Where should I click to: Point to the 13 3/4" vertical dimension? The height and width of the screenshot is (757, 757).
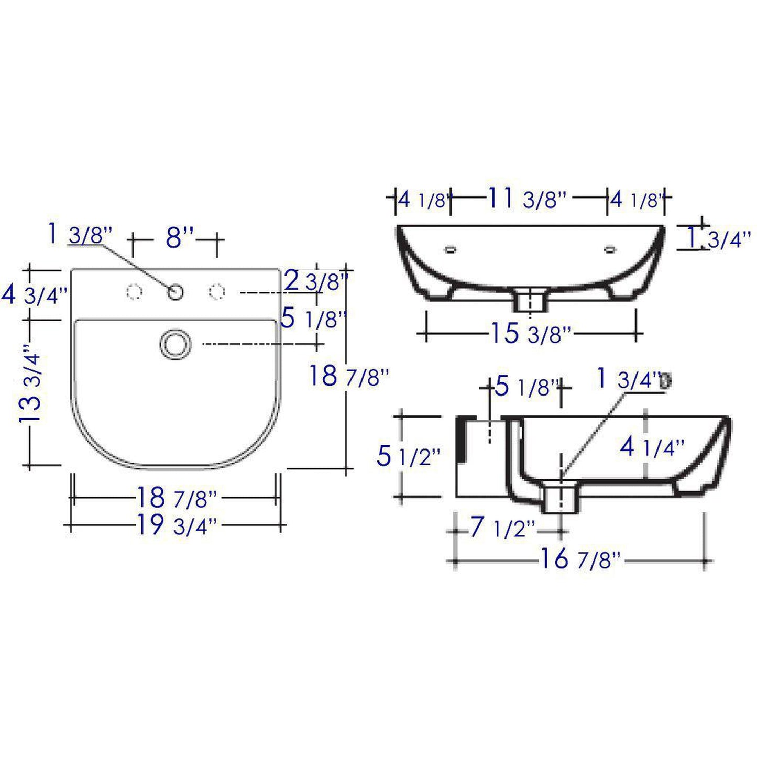(x=32, y=387)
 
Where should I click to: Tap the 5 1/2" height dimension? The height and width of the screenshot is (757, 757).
(x=408, y=456)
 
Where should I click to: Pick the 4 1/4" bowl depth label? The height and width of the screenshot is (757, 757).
(x=652, y=447)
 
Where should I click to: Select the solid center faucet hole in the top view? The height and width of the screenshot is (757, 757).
(x=175, y=291)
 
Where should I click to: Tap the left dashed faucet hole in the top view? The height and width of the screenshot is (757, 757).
(x=135, y=291)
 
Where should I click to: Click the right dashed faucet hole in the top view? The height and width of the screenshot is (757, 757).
(x=217, y=291)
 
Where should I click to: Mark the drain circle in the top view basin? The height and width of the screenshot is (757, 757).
(x=175, y=344)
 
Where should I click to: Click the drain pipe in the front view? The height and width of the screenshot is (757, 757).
(x=531, y=301)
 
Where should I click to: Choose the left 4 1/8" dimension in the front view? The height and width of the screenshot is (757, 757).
(x=424, y=200)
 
